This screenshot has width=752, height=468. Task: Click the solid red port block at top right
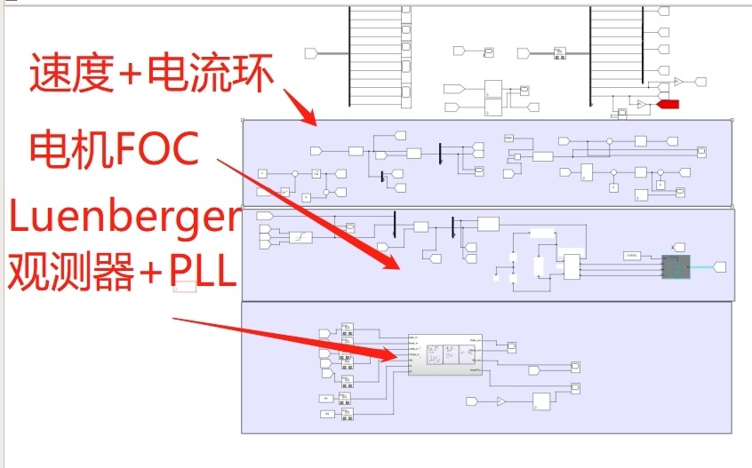click(x=668, y=105)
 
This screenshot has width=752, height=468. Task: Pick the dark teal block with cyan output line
click(x=675, y=266)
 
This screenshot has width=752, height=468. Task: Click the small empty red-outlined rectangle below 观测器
click(x=185, y=287)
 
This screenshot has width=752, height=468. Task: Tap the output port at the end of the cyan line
click(x=720, y=266)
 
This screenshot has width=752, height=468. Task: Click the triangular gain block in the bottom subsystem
click(x=501, y=401)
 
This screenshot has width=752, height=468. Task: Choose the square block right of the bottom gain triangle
click(x=541, y=401)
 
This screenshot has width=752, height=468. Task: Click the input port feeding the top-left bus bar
click(x=311, y=53)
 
